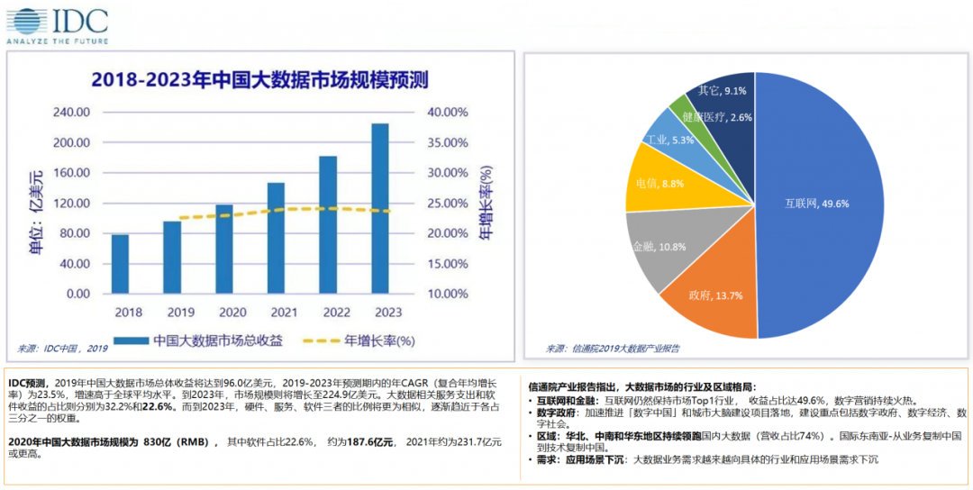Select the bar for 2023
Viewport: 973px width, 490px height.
pyautogui.click(x=380, y=208)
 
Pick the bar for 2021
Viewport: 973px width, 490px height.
pyautogui.click(x=276, y=238)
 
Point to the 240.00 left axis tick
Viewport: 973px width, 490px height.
pyautogui.click(x=73, y=113)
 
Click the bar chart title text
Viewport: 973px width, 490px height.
pyautogui.click(x=259, y=79)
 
